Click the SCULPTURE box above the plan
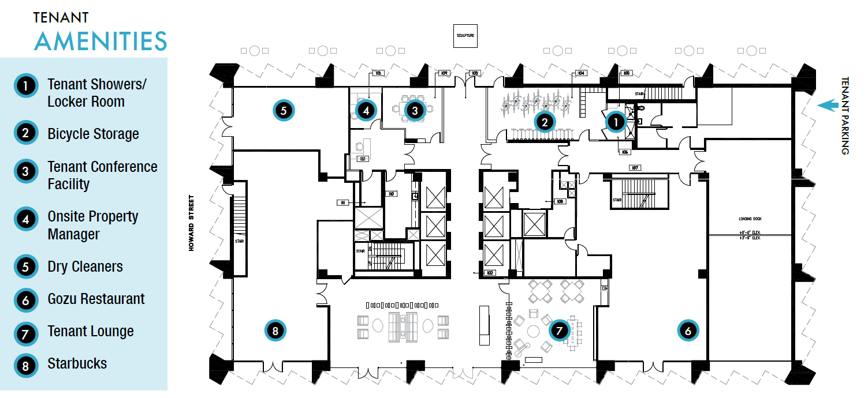[x=466, y=36]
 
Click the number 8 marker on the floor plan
[x=275, y=331]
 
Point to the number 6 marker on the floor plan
[x=687, y=331]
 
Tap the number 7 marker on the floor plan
[x=558, y=331]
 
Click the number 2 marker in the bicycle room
[x=544, y=122]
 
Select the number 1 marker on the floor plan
[x=616, y=122]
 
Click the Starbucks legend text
[x=77, y=364]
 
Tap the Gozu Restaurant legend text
[x=96, y=299]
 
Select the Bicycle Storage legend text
[x=93, y=134]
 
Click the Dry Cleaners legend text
[x=85, y=267]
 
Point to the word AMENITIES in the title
[x=100, y=42]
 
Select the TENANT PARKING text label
[x=845, y=115]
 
